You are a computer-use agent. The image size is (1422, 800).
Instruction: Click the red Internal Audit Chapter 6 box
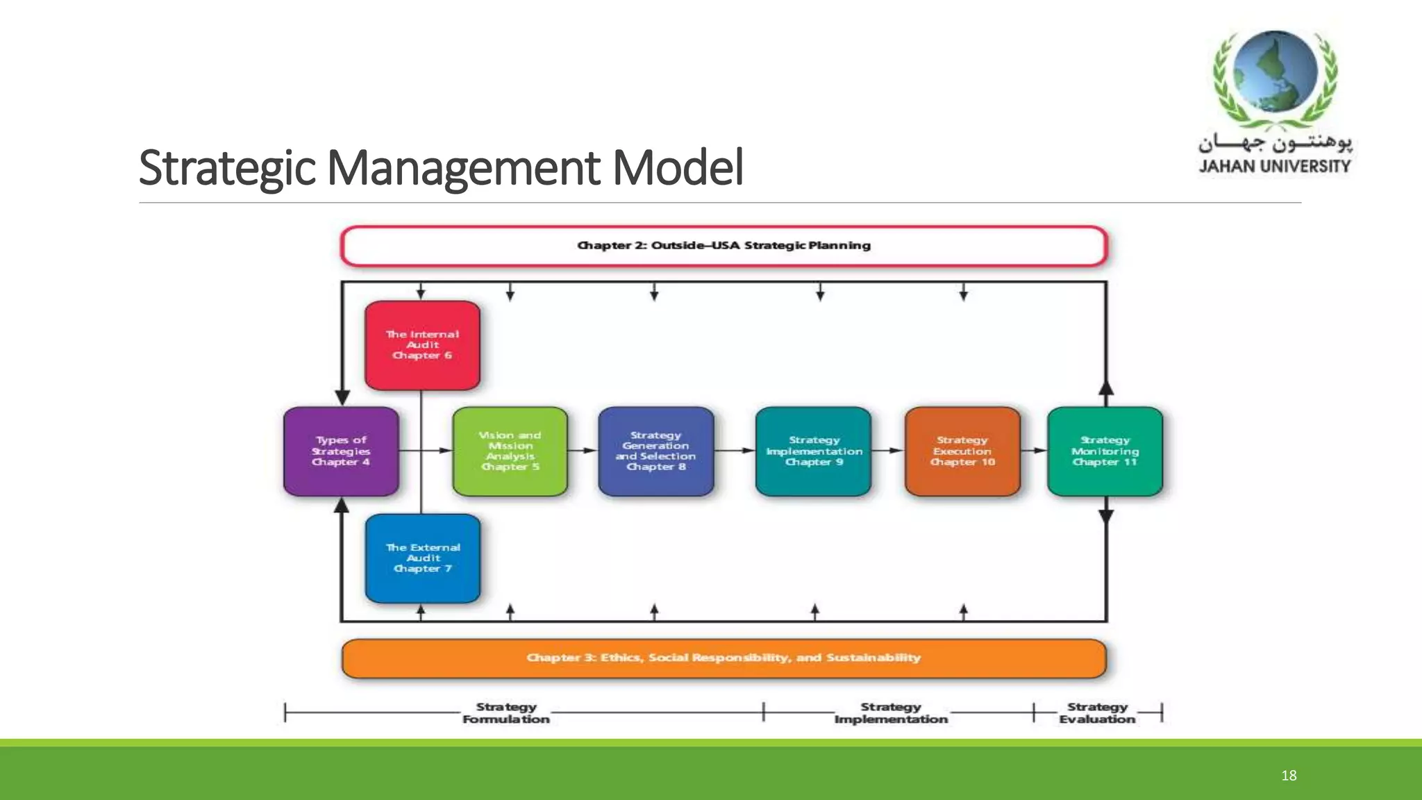[x=422, y=345]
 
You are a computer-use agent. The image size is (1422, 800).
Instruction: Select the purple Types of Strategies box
[x=341, y=451]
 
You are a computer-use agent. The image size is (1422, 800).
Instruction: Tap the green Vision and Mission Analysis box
[x=510, y=451]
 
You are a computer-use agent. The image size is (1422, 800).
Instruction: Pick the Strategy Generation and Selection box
[x=655, y=451]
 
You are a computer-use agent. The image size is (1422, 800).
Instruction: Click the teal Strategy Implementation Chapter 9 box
[x=813, y=451]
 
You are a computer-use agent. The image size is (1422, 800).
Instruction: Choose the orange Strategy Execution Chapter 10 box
[x=962, y=451]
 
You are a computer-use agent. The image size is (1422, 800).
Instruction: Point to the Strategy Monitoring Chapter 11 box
[x=1105, y=451]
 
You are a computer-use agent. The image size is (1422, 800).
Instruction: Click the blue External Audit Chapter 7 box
[x=422, y=558]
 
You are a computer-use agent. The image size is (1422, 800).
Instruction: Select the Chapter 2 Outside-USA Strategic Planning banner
[x=723, y=246]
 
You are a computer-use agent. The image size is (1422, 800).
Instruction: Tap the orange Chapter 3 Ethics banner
[x=723, y=658]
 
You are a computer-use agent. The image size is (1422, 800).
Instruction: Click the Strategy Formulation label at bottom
[x=506, y=713]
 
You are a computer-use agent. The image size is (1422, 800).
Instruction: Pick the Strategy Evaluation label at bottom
[x=1097, y=713]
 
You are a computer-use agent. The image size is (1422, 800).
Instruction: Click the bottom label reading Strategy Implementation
[x=891, y=713]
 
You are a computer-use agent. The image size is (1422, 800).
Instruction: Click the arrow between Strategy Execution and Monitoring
[x=1035, y=451]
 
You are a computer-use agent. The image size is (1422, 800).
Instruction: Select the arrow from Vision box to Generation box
[x=583, y=451]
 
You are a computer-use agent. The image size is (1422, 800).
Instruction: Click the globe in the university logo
[x=1276, y=71]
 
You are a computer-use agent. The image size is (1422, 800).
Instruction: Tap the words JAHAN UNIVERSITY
[x=1274, y=166]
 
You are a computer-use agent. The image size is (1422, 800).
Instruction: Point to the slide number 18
[x=1289, y=776]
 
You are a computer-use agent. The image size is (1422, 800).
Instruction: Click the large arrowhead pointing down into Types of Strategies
[x=342, y=397]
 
